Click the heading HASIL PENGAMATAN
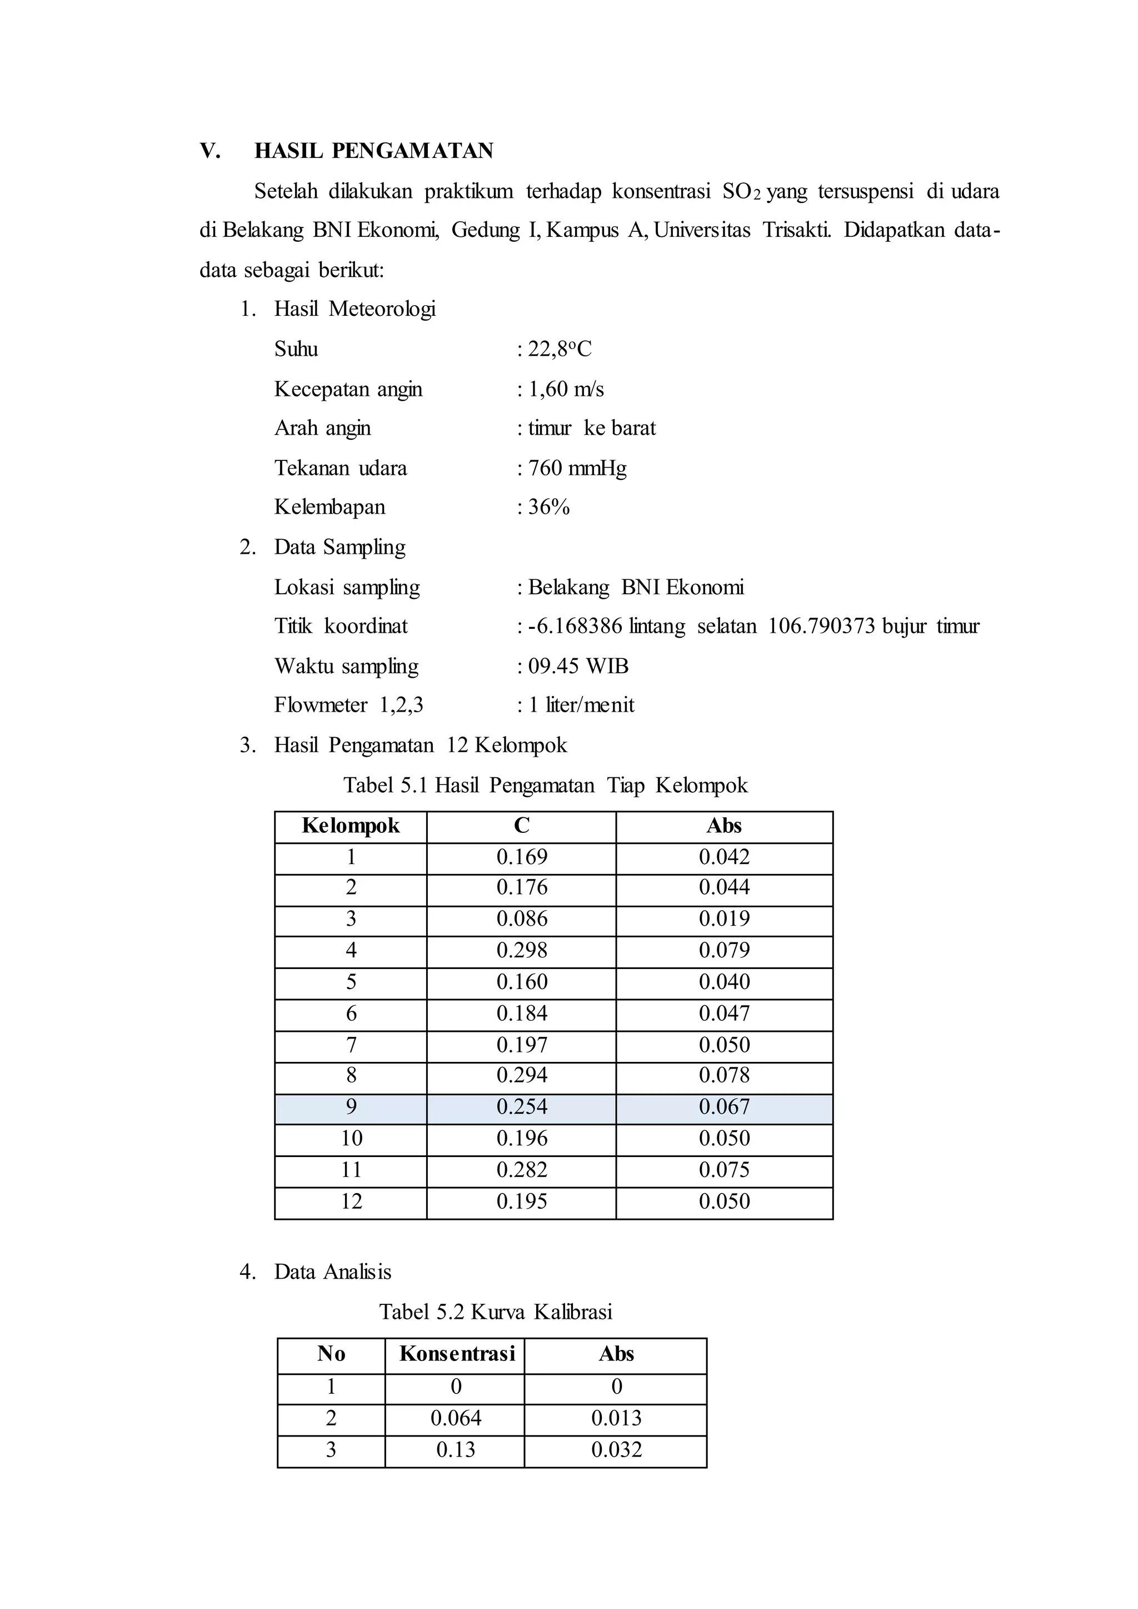[x=373, y=151]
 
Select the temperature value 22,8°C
[x=559, y=349]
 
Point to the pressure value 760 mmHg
[x=577, y=468]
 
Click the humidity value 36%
[x=548, y=506]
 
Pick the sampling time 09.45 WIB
[x=577, y=666]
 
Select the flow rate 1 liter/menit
[x=581, y=704]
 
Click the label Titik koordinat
[x=341, y=625]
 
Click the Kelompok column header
[x=351, y=826]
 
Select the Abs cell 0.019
[x=724, y=918]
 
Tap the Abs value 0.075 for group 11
[x=724, y=1169]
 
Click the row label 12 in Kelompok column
[x=351, y=1201]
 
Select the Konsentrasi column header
[x=457, y=1353]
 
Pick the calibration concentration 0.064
[x=456, y=1418]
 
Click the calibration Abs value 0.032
[x=616, y=1449]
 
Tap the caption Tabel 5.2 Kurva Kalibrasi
[x=496, y=1311]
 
